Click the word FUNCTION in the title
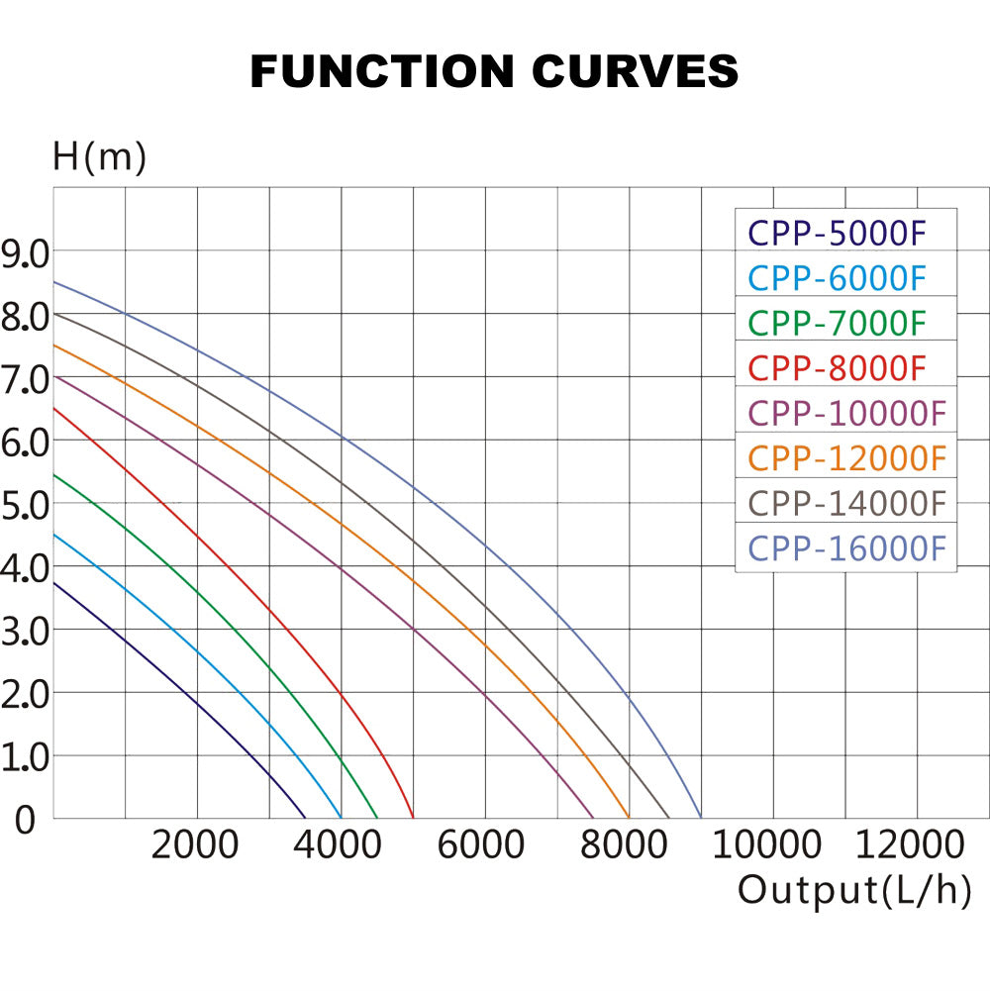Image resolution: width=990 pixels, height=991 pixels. (381, 71)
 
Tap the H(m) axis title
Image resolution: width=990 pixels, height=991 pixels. (99, 157)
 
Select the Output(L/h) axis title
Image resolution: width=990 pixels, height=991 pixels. (853, 890)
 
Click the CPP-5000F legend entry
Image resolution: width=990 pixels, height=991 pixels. (837, 233)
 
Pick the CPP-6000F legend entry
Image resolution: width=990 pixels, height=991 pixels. (837, 278)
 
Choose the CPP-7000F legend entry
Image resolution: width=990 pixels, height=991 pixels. (837, 323)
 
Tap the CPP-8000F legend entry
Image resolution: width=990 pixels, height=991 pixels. (837, 367)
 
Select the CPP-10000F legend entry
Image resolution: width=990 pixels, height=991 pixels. (846, 413)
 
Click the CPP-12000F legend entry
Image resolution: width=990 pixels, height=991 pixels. (846, 457)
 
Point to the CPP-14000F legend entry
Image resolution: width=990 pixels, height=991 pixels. (846, 503)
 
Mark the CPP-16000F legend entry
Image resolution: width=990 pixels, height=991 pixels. (846, 547)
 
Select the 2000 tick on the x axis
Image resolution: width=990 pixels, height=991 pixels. (196, 845)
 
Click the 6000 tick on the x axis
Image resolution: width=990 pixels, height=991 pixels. (482, 845)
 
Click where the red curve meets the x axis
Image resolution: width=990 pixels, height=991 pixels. (413, 818)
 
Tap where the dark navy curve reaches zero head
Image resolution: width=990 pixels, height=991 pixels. (306, 818)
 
